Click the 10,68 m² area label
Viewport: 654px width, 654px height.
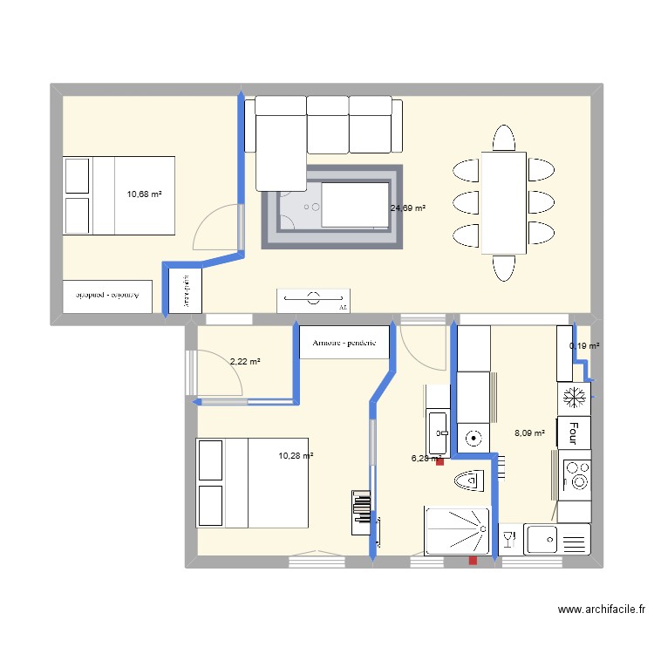(x=145, y=194)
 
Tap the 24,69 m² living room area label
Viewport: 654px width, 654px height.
(x=408, y=208)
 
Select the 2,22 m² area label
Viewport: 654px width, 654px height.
(x=245, y=361)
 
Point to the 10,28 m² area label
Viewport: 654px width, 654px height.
(x=296, y=455)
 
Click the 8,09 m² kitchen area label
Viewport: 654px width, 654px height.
(x=529, y=432)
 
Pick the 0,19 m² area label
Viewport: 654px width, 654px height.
(x=584, y=346)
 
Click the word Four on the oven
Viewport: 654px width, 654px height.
(x=574, y=431)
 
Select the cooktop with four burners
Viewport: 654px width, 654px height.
(x=576, y=475)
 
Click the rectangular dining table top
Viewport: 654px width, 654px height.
(x=504, y=203)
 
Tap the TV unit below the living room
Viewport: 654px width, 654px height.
(x=314, y=300)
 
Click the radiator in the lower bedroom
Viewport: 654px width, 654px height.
(x=361, y=512)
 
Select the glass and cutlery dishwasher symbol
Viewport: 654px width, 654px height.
(x=511, y=540)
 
